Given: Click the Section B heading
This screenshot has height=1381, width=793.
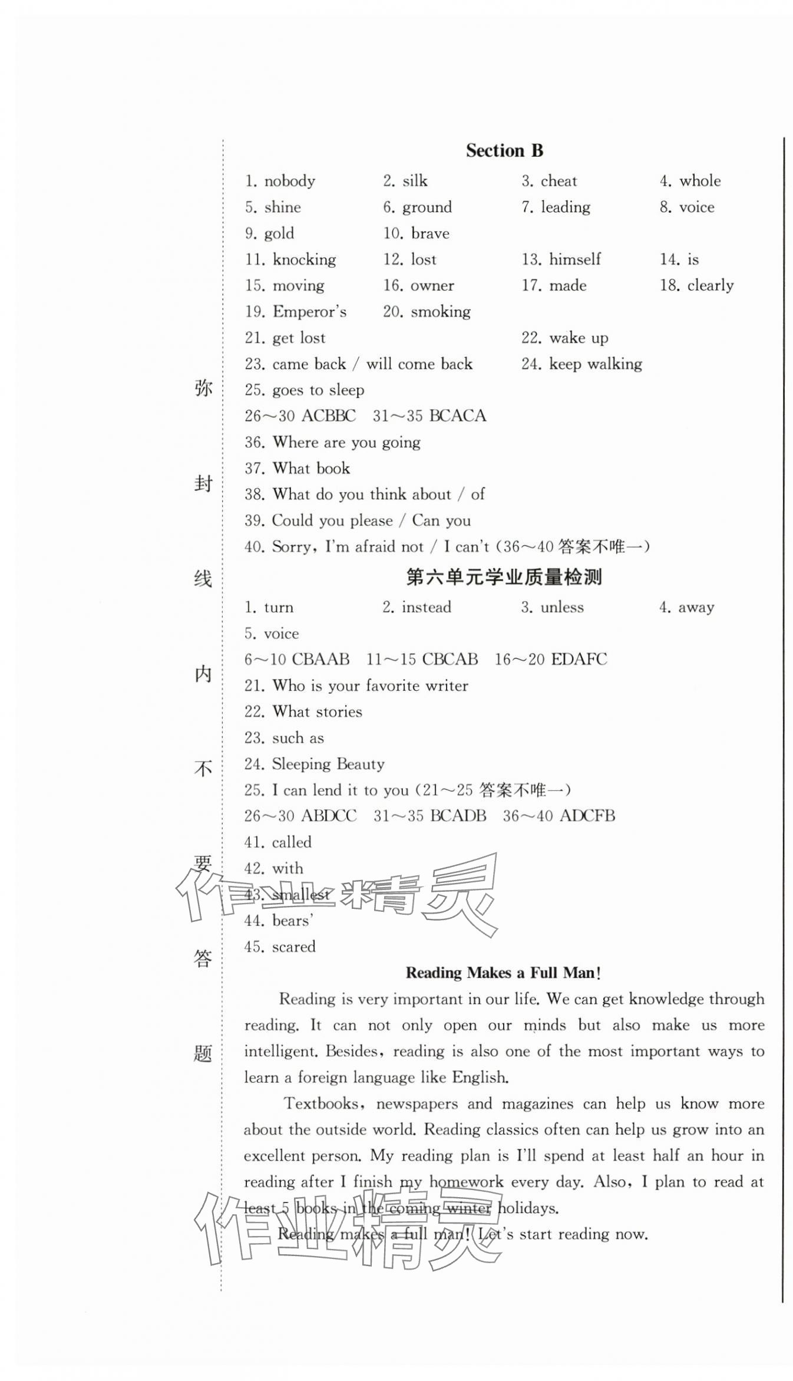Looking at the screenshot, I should click(x=504, y=151).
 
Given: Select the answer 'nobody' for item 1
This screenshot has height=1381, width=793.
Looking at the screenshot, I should click(x=289, y=181).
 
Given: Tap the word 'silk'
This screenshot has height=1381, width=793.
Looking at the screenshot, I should click(x=415, y=181).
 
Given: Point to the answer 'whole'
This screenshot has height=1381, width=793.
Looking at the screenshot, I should click(x=700, y=181).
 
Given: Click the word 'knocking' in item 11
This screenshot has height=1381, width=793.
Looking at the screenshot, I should click(x=304, y=259).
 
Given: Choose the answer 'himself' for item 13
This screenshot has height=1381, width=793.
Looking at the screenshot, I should click(x=574, y=259).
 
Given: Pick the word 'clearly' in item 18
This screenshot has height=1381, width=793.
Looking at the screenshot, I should click(x=711, y=286).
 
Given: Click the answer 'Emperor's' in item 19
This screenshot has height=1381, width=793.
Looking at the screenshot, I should click(x=309, y=312).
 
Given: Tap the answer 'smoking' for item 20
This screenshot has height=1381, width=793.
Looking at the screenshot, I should click(x=440, y=312).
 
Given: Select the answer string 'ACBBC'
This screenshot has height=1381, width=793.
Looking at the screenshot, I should click(x=328, y=416).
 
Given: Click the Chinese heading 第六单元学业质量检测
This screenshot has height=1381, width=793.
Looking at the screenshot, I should click(x=504, y=577).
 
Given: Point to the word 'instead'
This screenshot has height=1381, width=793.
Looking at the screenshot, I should click(x=426, y=607).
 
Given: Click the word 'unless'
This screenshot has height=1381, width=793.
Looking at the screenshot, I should click(x=562, y=607).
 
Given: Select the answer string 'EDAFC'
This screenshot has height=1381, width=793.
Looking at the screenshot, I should click(x=579, y=660).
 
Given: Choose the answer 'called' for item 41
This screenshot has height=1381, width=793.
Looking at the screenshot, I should click(x=292, y=842).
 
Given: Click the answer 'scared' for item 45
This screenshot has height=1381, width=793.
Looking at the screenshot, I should click(x=293, y=947).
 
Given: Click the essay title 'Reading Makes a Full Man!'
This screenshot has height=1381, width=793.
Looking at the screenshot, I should click(x=503, y=973).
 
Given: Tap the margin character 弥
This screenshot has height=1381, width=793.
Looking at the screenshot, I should click(x=203, y=388).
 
